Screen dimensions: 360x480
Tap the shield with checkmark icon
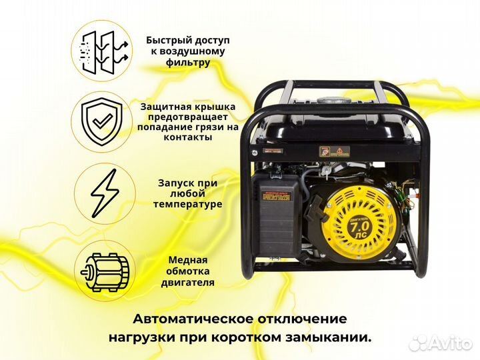pyautogui.click(x=101, y=122)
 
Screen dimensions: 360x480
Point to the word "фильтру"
pyautogui.click(x=188, y=63)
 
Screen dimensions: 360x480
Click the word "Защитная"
pyautogui.click(x=163, y=106)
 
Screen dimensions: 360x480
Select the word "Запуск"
pyautogui.click(x=175, y=182)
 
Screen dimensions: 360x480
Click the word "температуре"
pyautogui.click(x=187, y=204)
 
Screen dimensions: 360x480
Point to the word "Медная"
pyautogui.click(x=187, y=260)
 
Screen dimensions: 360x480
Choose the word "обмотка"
pyautogui.click(x=187, y=271)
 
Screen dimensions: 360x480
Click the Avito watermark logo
pyautogui.click(x=440, y=342)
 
